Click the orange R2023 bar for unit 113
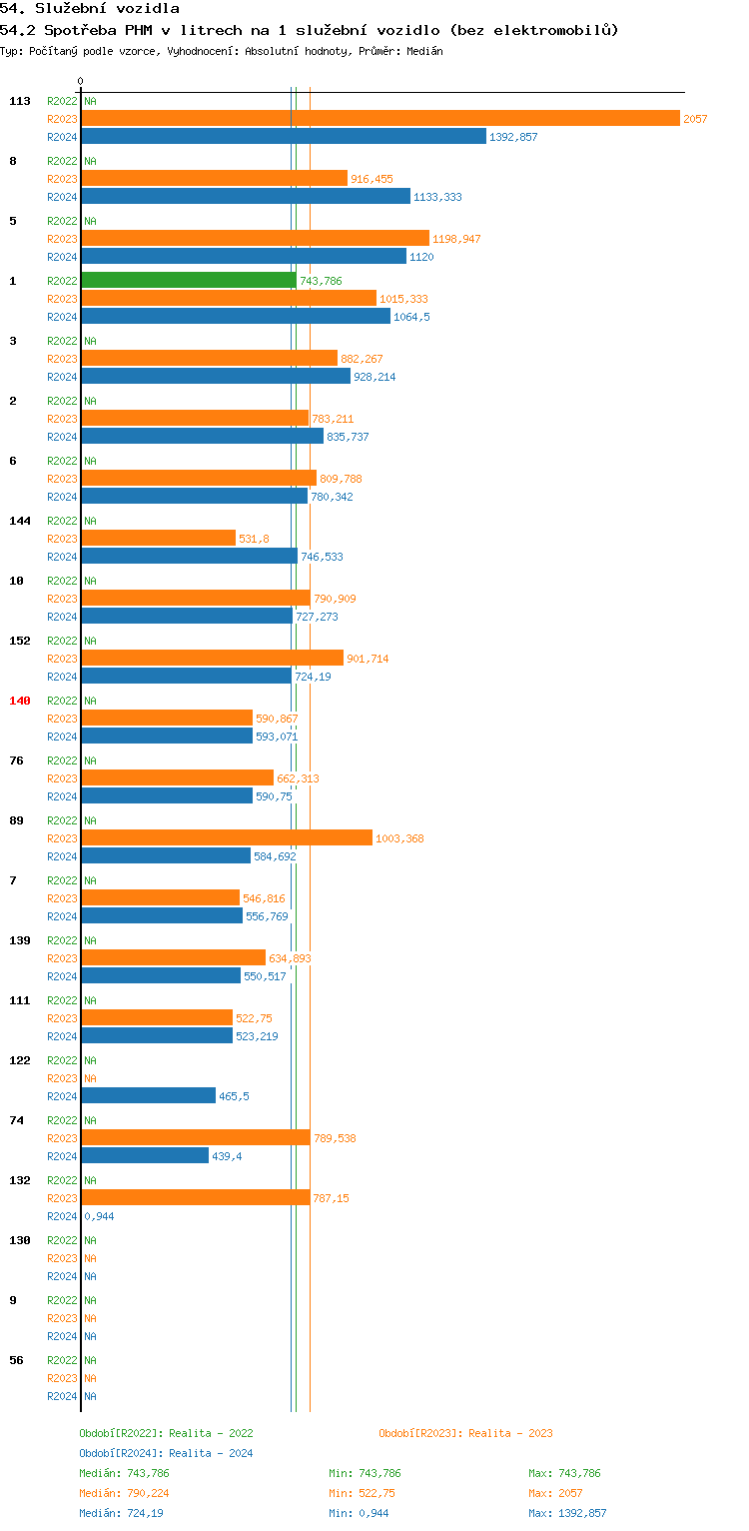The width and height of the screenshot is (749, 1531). [379, 118]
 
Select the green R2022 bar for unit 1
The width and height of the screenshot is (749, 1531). [189, 280]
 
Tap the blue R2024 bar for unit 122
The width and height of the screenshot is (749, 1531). [148, 1095]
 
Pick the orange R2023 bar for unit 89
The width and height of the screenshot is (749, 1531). [227, 837]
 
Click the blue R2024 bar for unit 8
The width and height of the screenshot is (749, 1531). [246, 196]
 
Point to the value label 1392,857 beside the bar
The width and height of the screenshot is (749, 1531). [513, 137]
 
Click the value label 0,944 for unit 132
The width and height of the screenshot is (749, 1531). [97, 1216]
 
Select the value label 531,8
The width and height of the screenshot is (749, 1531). [254, 539]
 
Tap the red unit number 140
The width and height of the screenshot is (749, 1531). [20, 701]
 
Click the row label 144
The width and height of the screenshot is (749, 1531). [20, 521]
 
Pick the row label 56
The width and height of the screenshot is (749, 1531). [16, 1360]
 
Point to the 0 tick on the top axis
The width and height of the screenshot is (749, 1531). [81, 81]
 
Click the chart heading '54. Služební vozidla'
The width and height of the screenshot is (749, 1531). [90, 9]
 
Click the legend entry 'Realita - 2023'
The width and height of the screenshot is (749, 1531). [510, 1433]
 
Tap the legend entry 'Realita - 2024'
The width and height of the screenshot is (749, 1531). [211, 1453]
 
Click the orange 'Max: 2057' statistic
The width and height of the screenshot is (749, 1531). [555, 1493]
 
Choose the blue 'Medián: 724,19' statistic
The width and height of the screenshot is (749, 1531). [124, 1513]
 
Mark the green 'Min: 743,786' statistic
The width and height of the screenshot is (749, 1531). [365, 1473]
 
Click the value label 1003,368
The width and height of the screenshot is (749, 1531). [399, 838]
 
